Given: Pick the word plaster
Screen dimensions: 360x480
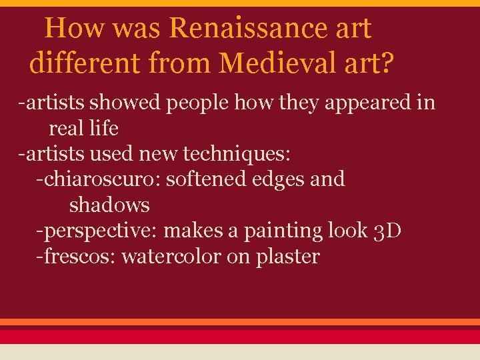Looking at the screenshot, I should coord(288,257).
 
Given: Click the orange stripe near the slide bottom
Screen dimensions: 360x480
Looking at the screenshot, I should coord(240,322).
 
